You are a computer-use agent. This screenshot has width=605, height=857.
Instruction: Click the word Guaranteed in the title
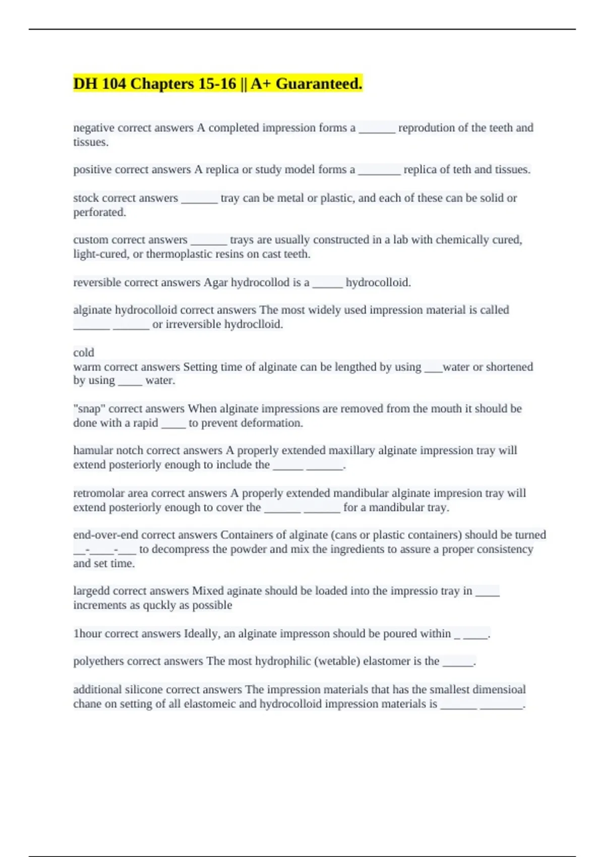pos(318,84)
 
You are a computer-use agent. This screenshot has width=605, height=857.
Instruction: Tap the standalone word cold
pos(84,352)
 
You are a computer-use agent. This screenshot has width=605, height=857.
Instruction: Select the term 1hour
pos(87,634)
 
